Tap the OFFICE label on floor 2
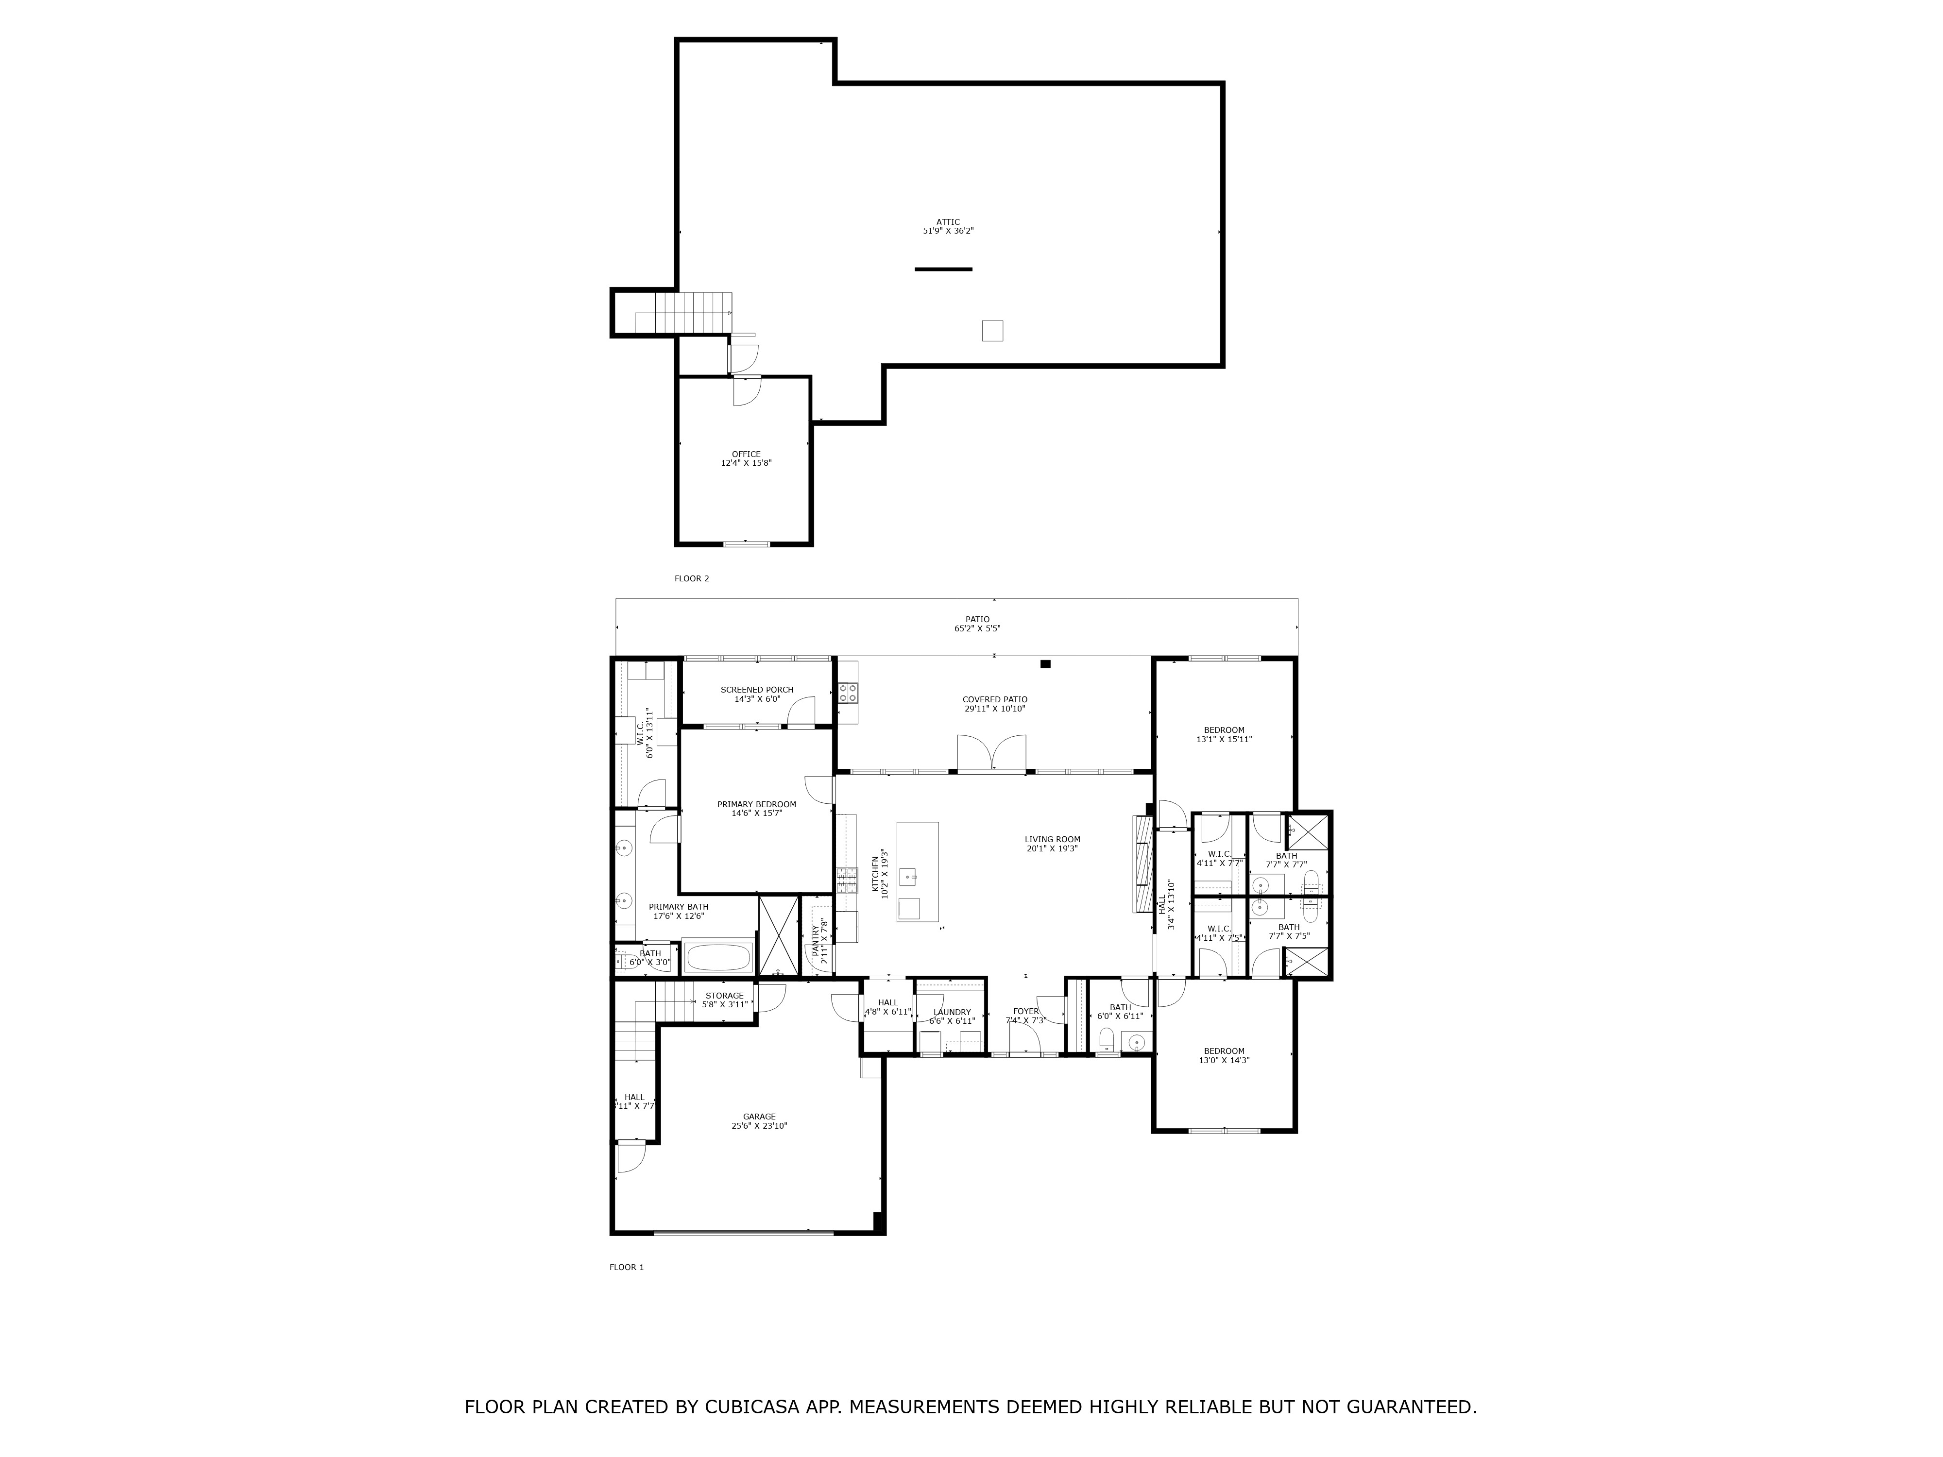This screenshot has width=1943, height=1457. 746,454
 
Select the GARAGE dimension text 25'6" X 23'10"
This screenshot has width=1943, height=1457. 759,1125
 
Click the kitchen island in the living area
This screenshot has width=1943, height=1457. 917,871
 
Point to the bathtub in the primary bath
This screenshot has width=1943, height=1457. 717,956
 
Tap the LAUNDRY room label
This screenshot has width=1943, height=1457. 952,1012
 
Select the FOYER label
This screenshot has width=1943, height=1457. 1025,1011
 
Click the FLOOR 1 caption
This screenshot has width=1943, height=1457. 626,1267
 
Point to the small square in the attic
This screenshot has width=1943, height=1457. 992,330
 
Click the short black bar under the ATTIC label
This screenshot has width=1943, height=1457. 943,269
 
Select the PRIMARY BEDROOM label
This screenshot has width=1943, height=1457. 756,804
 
